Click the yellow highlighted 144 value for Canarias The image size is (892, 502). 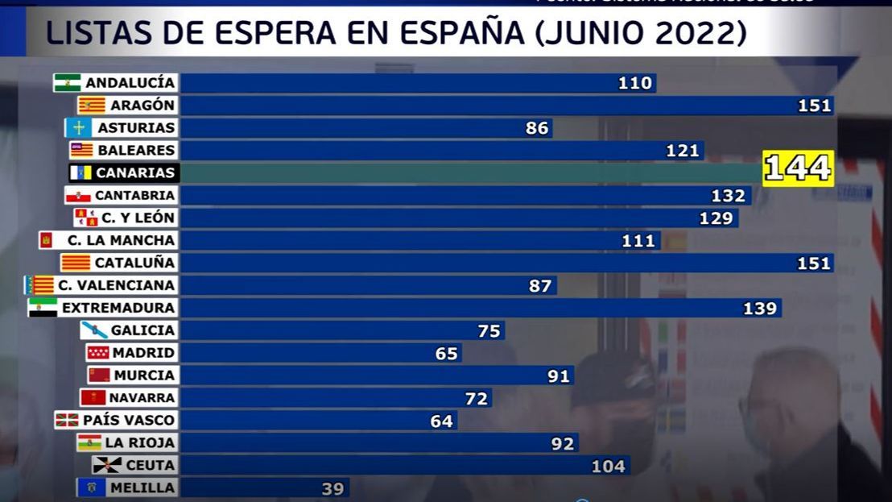click(x=797, y=168)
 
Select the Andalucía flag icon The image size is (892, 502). click(x=68, y=83)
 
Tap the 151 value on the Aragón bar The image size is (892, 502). click(x=814, y=106)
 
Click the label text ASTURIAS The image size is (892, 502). click(x=136, y=128)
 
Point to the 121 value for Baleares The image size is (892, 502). click(x=683, y=151)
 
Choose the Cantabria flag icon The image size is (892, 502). click(x=78, y=196)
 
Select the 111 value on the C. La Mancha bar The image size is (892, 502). click(x=638, y=241)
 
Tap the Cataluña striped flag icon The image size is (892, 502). click(x=76, y=263)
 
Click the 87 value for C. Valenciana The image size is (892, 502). click(x=540, y=286)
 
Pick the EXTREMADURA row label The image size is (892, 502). click(x=118, y=308)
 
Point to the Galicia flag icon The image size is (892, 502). click(x=94, y=330)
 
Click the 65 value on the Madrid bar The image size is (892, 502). click(x=446, y=354)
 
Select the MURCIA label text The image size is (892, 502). click(x=144, y=375)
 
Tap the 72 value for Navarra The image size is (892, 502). click(x=476, y=398)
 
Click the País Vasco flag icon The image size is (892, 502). click(x=68, y=420)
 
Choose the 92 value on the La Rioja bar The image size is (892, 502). click(x=563, y=444)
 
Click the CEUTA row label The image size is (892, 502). click(x=150, y=466)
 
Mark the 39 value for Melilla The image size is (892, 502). click(x=332, y=489)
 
